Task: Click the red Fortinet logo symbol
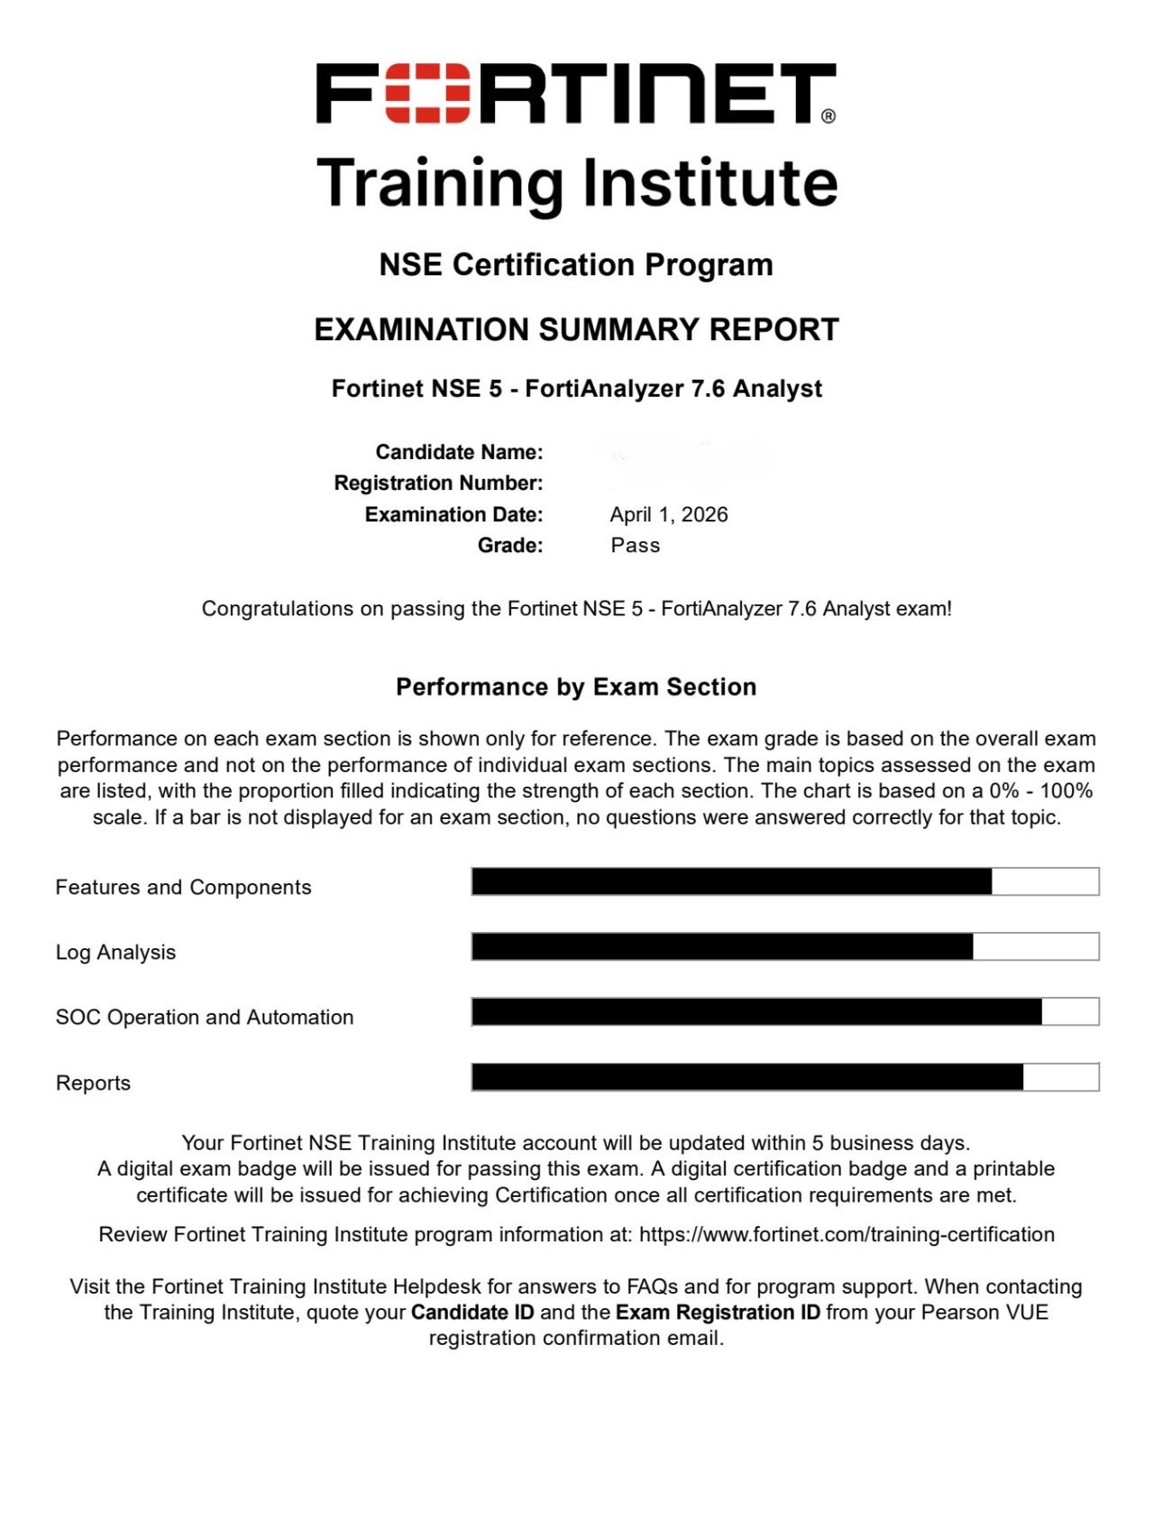(x=427, y=93)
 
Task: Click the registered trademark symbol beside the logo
(x=829, y=116)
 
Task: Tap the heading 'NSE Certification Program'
(x=576, y=265)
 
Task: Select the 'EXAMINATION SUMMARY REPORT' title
(x=576, y=330)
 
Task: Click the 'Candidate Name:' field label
(x=459, y=452)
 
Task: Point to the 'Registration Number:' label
(x=438, y=484)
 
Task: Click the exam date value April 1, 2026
(x=668, y=515)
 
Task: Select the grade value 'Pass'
(x=635, y=546)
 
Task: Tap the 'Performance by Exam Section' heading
(x=576, y=687)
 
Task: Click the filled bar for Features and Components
(x=731, y=882)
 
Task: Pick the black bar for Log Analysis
(x=722, y=947)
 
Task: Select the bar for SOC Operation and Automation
(x=756, y=1012)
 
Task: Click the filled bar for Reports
(x=747, y=1077)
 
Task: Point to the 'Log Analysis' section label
(x=115, y=953)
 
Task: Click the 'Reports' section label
(x=93, y=1083)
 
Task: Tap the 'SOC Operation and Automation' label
(x=205, y=1018)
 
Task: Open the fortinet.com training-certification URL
(x=847, y=1235)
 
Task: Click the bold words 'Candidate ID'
(x=472, y=1313)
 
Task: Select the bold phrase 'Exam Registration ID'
(x=718, y=1313)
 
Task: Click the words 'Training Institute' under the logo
(x=577, y=183)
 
